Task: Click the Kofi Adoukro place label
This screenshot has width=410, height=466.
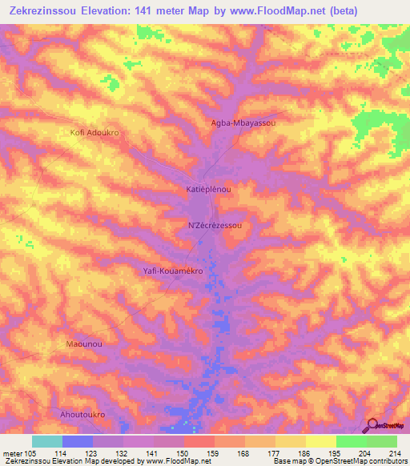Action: (x=94, y=132)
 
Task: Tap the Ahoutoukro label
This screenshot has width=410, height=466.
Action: (x=83, y=415)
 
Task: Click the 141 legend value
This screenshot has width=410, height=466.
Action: (x=153, y=453)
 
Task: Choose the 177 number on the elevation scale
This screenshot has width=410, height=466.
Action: (x=274, y=453)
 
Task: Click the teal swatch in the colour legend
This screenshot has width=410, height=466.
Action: (x=47, y=441)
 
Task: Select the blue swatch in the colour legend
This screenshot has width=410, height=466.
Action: (x=78, y=441)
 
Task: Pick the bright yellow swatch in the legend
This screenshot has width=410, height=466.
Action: (x=320, y=441)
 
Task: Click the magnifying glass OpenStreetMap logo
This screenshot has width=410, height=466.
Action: (x=373, y=427)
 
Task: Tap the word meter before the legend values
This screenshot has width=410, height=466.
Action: (x=11, y=453)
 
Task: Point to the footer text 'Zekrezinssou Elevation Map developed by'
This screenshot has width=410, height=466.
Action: (x=64, y=461)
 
